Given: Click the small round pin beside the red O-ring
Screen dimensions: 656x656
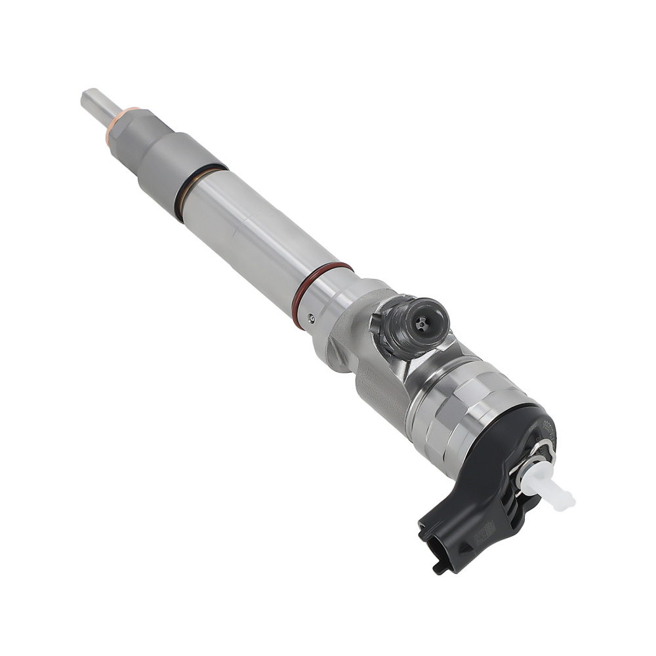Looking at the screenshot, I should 312,319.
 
